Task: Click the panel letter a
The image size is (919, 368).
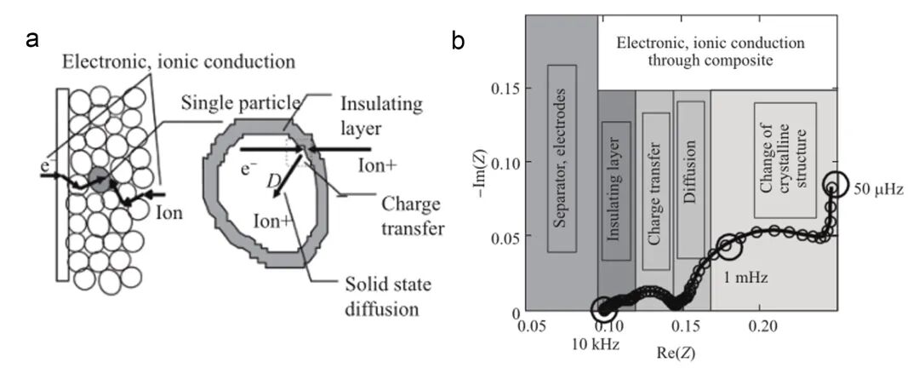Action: [34, 37]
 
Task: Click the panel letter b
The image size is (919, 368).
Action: [459, 39]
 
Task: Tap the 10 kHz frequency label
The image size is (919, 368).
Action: [596, 343]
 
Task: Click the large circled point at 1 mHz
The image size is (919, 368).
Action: [730, 247]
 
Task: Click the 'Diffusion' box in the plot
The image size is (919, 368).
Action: [690, 180]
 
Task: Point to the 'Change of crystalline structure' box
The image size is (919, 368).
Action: [785, 161]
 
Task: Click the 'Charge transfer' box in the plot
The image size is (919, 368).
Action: [654, 192]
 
